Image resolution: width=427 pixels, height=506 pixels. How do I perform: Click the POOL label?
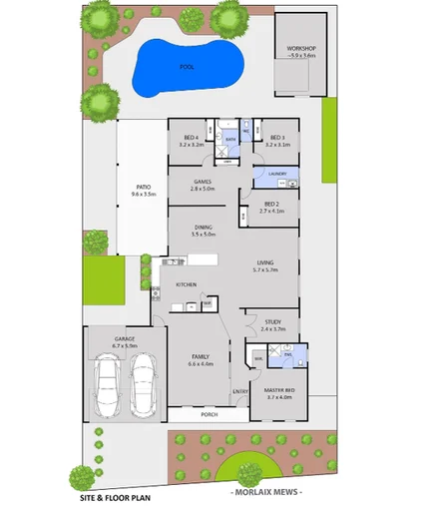click(187, 67)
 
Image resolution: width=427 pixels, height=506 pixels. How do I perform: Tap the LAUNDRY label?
click(277, 175)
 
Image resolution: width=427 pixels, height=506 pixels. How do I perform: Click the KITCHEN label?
click(187, 285)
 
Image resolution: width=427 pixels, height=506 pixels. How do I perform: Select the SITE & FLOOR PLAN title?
click(116, 495)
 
